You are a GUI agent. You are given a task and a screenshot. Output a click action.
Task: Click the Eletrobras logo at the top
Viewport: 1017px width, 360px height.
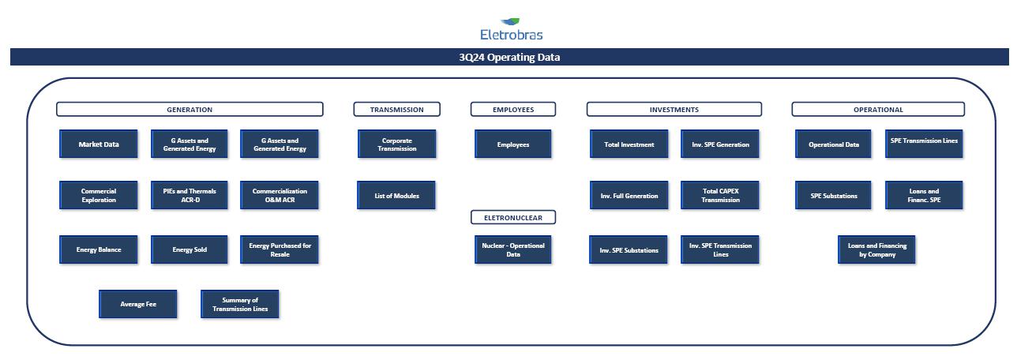tap(511, 29)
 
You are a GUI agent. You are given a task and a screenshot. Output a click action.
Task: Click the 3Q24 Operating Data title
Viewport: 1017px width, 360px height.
tap(509, 58)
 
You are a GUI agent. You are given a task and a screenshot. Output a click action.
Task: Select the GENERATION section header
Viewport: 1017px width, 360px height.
tap(190, 110)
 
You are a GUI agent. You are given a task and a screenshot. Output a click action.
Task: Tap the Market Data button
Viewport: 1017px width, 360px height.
tap(99, 144)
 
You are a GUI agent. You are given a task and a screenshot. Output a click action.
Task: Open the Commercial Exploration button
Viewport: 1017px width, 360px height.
tap(99, 195)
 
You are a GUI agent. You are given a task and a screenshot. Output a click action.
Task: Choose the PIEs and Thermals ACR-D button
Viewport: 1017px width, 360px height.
tap(190, 195)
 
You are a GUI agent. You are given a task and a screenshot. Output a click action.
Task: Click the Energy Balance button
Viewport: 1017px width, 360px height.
tap(99, 249)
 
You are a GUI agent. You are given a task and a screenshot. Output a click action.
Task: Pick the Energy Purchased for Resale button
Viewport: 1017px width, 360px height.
tap(280, 249)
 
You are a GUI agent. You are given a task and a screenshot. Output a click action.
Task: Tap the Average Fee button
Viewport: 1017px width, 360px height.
tap(138, 304)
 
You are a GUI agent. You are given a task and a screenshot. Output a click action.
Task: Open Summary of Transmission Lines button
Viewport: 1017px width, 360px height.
tap(240, 304)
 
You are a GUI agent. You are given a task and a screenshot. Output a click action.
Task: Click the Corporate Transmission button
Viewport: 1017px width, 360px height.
tap(396, 144)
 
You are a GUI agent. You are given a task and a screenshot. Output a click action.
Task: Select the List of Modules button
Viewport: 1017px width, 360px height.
tap(396, 195)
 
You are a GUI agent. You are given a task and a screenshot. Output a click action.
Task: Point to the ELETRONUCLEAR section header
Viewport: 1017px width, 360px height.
tap(513, 217)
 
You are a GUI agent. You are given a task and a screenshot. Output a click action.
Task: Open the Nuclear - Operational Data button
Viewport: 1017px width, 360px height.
tap(513, 249)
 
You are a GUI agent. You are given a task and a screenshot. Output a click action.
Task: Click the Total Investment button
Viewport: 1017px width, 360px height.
tap(629, 144)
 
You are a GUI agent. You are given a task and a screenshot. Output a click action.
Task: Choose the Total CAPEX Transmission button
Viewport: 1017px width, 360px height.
tap(720, 195)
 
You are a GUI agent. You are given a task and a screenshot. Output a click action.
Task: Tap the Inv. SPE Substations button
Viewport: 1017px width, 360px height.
tap(629, 249)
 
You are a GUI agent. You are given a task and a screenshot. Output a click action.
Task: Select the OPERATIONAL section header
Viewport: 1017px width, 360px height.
tap(878, 110)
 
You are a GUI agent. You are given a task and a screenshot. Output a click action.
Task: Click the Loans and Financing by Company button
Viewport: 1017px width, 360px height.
tap(876, 249)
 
